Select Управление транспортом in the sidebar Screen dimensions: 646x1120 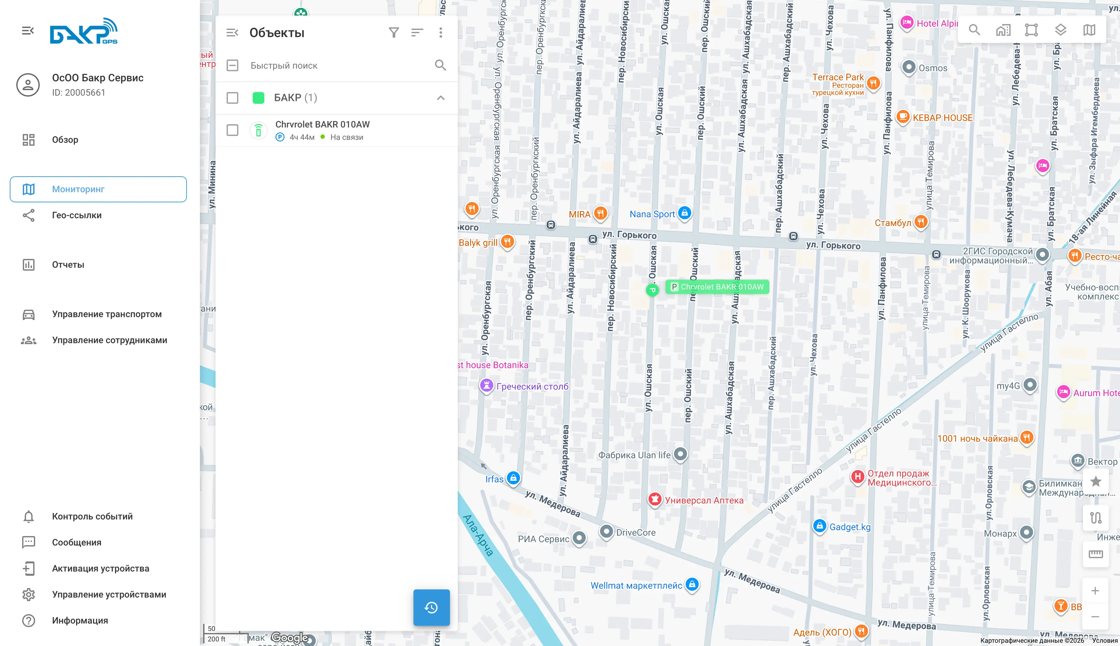pyautogui.click(x=106, y=314)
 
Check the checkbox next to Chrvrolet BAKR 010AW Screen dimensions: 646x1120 pyautogui.click(x=232, y=130)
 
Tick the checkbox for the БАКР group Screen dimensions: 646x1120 pyautogui.click(x=232, y=98)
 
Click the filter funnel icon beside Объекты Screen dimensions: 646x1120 pyautogui.click(x=394, y=33)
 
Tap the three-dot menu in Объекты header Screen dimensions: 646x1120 pyautogui.click(x=441, y=33)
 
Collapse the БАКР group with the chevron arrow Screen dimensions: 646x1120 pyautogui.click(x=441, y=98)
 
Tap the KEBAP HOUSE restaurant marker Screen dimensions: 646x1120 pyautogui.click(x=903, y=117)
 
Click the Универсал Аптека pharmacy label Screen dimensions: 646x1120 pyautogui.click(x=704, y=500)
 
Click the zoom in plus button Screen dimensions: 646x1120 pyautogui.click(x=1095, y=590)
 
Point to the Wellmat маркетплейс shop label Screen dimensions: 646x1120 pyautogui.click(x=636, y=585)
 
